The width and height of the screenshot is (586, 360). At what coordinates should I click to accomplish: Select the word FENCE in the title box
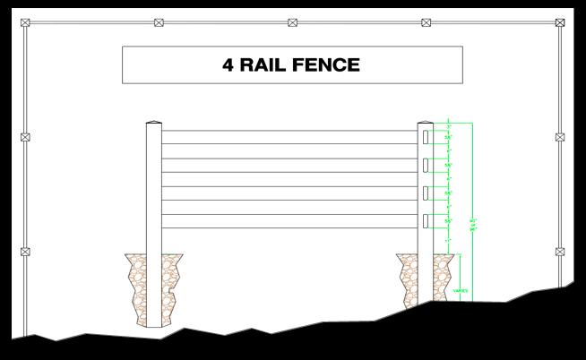click(331, 64)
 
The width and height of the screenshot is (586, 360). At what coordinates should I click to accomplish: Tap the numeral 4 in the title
click(229, 64)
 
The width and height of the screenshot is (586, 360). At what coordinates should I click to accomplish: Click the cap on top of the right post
click(426, 123)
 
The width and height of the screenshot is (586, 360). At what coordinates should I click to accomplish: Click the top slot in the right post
click(426, 137)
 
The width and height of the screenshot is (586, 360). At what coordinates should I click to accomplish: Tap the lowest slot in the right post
click(426, 220)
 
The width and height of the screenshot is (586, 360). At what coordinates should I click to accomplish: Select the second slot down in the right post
click(426, 165)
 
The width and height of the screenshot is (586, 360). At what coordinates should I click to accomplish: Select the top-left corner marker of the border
click(25, 22)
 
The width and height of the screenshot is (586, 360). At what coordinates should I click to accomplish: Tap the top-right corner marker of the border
click(559, 22)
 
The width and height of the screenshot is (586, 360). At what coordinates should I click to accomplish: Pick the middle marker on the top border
click(292, 22)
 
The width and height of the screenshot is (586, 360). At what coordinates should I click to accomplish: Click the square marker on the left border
click(25, 137)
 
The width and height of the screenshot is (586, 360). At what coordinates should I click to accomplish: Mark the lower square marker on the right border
click(560, 252)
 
